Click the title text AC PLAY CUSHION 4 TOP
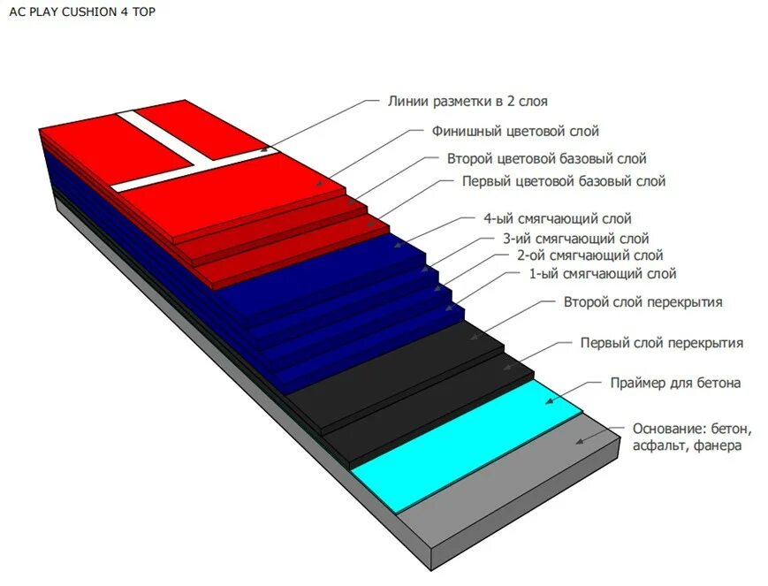pyautogui.click(x=82, y=13)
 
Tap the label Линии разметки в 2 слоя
pyautogui.click(x=474, y=102)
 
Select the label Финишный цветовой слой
pyautogui.click(x=515, y=132)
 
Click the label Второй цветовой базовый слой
pyautogui.click(x=546, y=159)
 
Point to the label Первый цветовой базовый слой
pyautogui.click(x=564, y=181)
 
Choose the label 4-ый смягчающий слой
pyautogui.click(x=557, y=218)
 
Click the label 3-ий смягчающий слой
pyautogui.click(x=575, y=238)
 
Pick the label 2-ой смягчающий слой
pyautogui.click(x=590, y=255)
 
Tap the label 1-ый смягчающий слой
pyautogui.click(x=603, y=274)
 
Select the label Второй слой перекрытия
pyautogui.click(x=643, y=302)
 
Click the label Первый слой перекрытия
pyautogui.click(x=661, y=342)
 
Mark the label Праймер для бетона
pyautogui.click(x=675, y=383)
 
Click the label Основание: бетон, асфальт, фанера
pyautogui.click(x=691, y=438)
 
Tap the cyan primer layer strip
pyautogui.click(x=468, y=446)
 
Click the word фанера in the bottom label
pyautogui.click(x=718, y=446)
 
